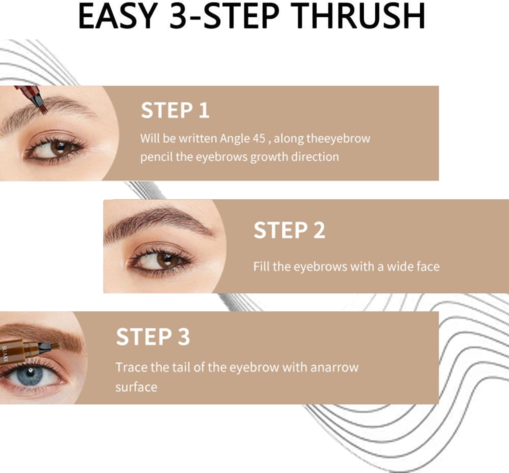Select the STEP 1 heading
pos(175,110)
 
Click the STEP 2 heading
pos(289,230)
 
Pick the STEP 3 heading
pos(153,336)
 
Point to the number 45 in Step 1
pos(259,139)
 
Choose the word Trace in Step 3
pos(131,367)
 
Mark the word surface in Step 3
pos(136,387)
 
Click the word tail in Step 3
pos(181,367)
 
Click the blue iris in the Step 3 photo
pos(30,375)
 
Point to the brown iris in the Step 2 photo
pos(166,260)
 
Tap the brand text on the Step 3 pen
pos(5,354)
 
